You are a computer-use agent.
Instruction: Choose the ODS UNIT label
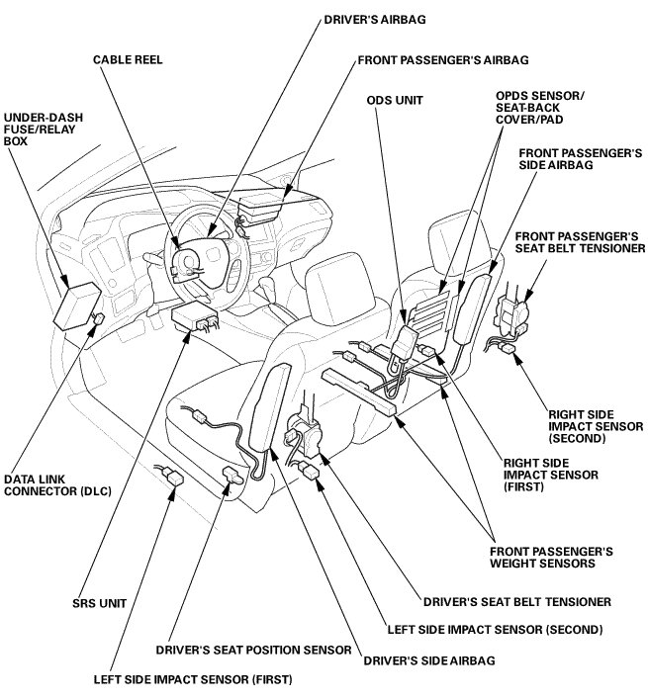click(x=391, y=99)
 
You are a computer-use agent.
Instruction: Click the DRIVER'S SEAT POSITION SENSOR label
click(x=253, y=650)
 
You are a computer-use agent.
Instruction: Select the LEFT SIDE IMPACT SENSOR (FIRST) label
click(x=194, y=679)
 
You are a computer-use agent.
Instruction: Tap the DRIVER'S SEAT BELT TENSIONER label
click(x=516, y=600)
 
